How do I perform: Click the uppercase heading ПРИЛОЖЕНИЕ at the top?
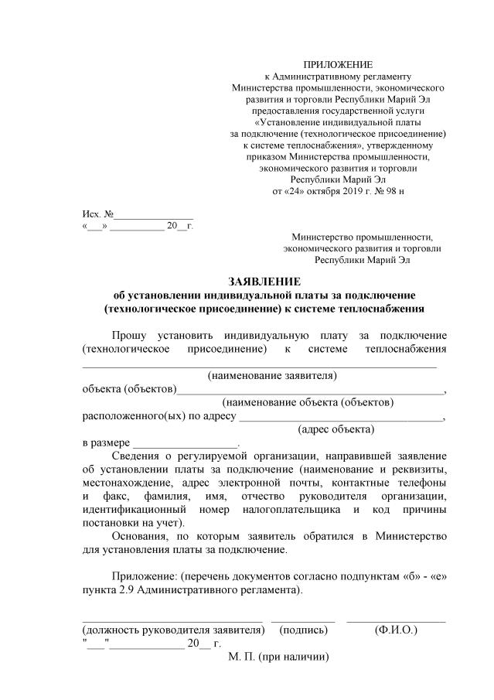338,64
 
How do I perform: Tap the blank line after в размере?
185,443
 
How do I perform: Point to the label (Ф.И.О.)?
396,630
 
